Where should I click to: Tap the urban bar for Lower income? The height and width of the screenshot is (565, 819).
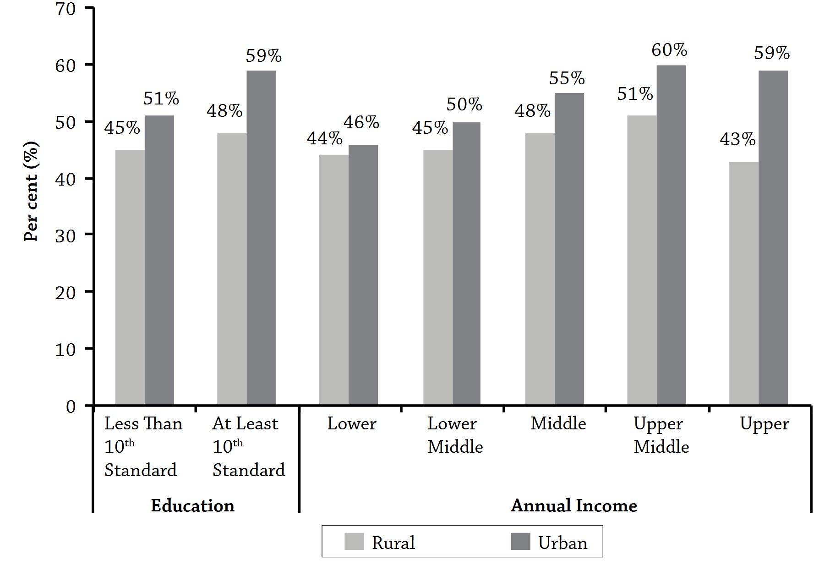tap(363, 275)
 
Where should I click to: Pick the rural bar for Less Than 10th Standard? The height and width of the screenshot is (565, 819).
tap(130, 277)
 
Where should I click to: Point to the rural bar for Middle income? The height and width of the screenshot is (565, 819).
tap(540, 269)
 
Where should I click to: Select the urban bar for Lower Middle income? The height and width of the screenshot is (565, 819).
tap(466, 263)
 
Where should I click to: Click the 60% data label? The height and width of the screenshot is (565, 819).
tap(669, 50)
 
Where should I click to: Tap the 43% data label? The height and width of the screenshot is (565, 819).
tap(737, 139)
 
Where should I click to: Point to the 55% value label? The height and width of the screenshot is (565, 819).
tap(567, 78)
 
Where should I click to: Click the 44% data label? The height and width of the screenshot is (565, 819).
tap(324, 138)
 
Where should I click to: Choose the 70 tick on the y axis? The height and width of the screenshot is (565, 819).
tap(66, 9)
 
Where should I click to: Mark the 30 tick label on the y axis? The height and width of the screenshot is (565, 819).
tap(66, 236)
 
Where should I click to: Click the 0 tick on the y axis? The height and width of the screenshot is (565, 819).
tap(71, 406)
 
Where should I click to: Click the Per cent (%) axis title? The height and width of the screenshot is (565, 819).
tap(31, 192)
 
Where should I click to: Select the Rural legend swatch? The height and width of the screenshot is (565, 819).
tap(354, 541)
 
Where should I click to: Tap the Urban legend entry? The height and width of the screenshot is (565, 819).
tap(562, 543)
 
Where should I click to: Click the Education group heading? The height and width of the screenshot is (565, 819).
tap(192, 505)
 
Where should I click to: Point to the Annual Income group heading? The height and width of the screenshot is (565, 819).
tap(573, 505)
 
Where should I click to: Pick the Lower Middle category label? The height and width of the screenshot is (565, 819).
tap(455, 435)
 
